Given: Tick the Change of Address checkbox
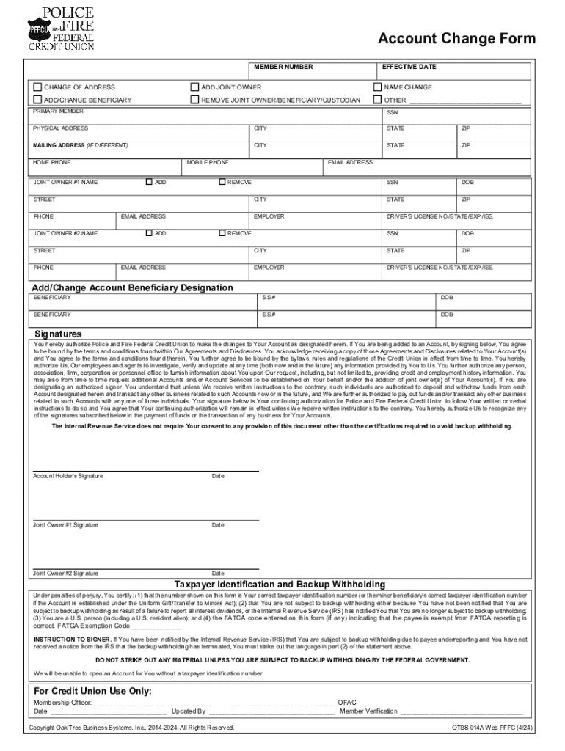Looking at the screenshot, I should coord(38,87).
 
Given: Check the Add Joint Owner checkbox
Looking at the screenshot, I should coord(195,87).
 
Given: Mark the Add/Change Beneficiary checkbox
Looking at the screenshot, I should coord(38,99).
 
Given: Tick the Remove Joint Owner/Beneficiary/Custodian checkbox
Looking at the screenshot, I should coord(195,99).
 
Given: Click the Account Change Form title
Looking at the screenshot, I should coord(456,39).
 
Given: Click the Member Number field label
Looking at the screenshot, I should coord(283,67).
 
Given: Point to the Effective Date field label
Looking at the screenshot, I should coord(409,67).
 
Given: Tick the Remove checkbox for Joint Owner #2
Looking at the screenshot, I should coord(222,232).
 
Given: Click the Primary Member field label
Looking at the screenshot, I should coord(58,111).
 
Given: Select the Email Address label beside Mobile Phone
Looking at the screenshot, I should coord(350,162).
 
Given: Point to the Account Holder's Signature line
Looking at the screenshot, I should coord(145,469).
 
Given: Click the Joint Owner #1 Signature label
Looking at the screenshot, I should coord(65,525).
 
